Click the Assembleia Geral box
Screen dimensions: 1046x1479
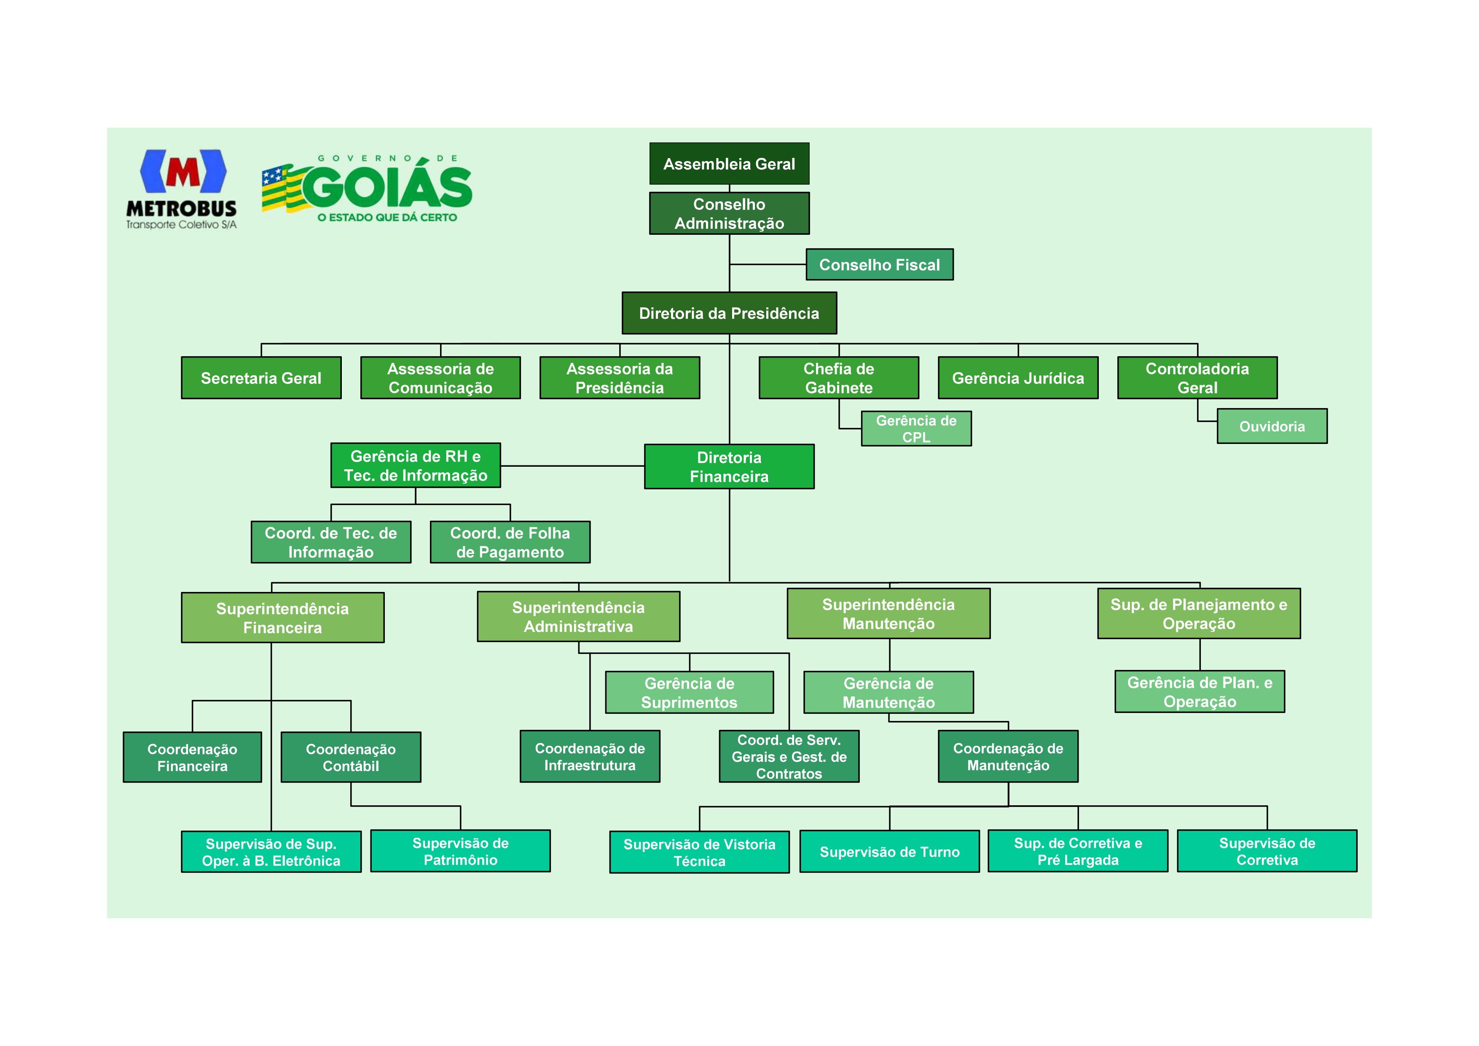[x=729, y=164]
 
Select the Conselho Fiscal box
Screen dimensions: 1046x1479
[x=879, y=264]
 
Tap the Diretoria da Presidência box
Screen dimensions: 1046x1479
[x=729, y=313]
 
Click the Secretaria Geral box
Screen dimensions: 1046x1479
[x=261, y=378]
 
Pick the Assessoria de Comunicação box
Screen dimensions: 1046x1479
[x=440, y=378]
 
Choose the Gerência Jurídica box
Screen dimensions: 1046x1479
[x=1018, y=378]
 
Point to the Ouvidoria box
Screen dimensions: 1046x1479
[x=1272, y=426]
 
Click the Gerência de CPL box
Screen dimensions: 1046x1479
[x=916, y=429]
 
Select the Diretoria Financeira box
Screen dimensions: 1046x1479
[x=729, y=467]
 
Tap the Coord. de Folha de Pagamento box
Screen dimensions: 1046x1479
[x=510, y=542]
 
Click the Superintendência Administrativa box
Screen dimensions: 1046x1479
[x=578, y=617]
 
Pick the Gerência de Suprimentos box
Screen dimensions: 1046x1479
[x=689, y=692]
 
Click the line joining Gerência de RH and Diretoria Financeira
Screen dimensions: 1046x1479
[x=572, y=465]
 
